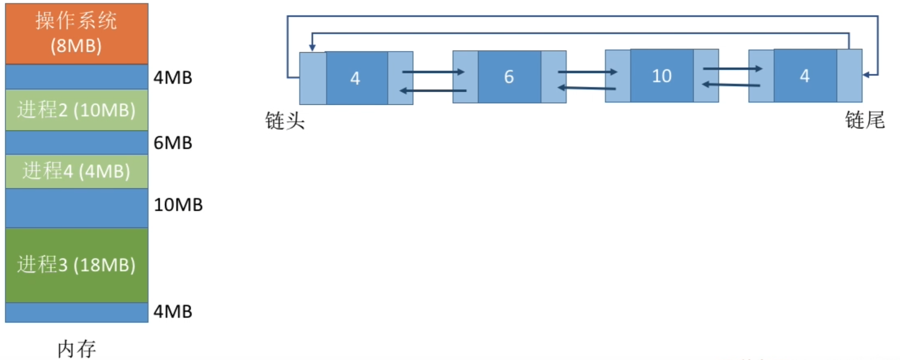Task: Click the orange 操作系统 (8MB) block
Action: pos(77,33)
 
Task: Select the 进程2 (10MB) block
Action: pos(77,110)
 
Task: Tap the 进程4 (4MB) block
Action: pos(77,171)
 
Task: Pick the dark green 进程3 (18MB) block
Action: pos(77,264)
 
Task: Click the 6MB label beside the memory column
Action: pos(173,143)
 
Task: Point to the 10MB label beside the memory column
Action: pos(178,205)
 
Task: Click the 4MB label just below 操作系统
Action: pos(173,77)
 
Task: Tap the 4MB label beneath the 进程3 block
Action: pos(173,311)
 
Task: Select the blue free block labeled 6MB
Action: pos(77,143)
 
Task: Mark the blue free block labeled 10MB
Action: pos(77,208)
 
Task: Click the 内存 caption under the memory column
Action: pos(77,349)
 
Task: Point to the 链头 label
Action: pos(285,120)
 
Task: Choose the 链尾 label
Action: pos(865,120)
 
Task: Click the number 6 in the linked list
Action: pos(509,77)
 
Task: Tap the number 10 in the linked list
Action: pos(662,76)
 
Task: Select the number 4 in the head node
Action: pos(355,78)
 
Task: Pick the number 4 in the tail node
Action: pos(805,76)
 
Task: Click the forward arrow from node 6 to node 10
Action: pos(587,72)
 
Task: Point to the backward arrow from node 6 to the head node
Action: pos(433,90)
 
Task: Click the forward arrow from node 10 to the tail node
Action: pos(733,68)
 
